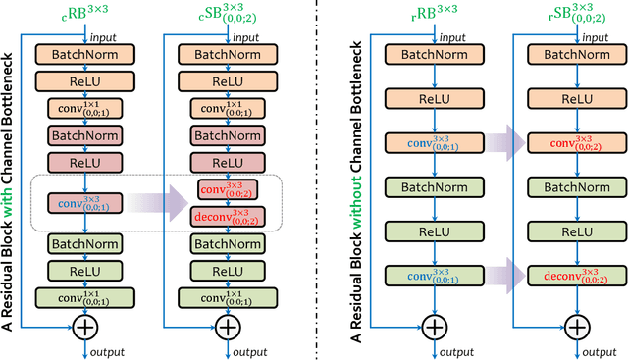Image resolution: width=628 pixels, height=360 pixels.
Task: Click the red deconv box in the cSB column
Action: point(226,216)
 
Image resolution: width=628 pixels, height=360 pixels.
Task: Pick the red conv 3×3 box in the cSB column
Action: point(226,189)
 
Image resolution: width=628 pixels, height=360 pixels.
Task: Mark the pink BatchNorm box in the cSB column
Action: point(226,133)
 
